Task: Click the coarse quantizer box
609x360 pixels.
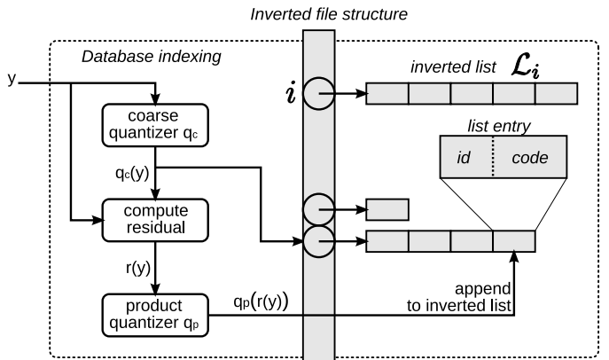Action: [x=155, y=127]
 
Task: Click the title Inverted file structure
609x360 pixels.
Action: [x=316, y=13]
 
